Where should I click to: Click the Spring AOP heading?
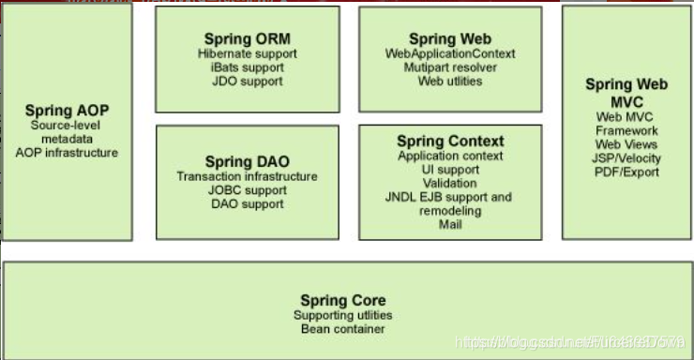coord(68,111)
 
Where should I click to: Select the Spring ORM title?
coord(247,38)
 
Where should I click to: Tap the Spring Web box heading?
coord(449,38)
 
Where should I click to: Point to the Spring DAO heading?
coord(247,161)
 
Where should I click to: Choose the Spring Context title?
coord(450,141)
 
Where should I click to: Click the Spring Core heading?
coord(342,300)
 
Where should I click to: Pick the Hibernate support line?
coord(247,53)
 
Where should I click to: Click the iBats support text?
coord(247,67)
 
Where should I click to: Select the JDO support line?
coord(247,82)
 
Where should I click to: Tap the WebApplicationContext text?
coord(450,53)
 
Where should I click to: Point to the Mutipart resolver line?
coord(450,67)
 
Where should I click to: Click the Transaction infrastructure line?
coord(247,176)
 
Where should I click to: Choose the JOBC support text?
coord(247,190)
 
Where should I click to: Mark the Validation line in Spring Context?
coord(450,184)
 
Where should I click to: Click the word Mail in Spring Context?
coord(450,225)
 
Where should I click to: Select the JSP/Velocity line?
coord(627,158)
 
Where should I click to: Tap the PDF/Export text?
coord(627,172)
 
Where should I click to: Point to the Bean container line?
coord(342,329)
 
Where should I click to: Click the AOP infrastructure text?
coord(68,152)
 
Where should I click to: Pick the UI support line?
coord(450,170)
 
